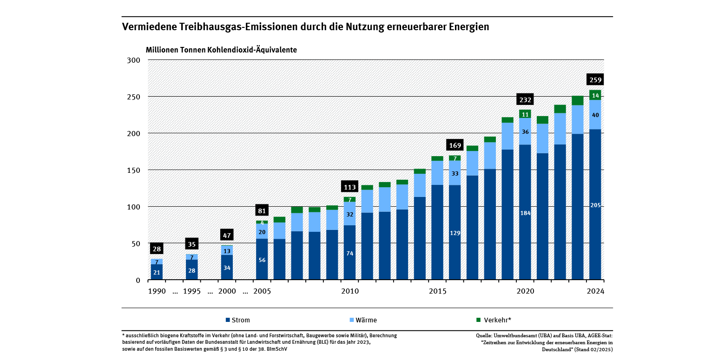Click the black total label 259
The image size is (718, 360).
595,80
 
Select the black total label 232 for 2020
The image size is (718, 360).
525,100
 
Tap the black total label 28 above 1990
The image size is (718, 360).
157,249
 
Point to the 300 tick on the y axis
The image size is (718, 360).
134,60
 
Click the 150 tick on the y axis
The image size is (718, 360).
134,170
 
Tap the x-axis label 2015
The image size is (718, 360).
437,291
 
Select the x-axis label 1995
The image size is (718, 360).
191,291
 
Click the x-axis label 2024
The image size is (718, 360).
595,291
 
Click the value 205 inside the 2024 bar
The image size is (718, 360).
595,205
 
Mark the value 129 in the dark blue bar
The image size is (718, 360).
455,233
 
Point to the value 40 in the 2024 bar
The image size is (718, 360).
595,115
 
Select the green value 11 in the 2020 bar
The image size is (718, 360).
525,114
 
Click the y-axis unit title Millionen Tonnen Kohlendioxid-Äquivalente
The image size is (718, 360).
221,50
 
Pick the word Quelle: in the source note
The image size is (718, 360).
485,335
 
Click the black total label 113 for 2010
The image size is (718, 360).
349,187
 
